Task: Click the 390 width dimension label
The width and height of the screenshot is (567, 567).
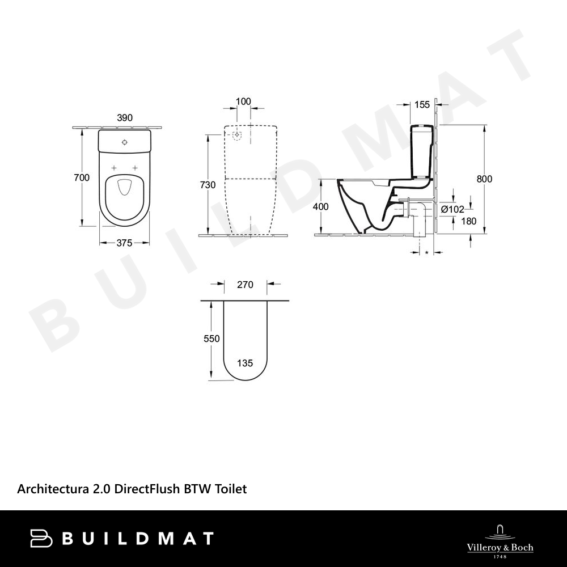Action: tap(125, 117)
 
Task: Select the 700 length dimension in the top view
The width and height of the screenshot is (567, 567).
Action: tap(81, 177)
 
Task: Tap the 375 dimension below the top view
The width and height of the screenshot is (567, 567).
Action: tap(124, 243)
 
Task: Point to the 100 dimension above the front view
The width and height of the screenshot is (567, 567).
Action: tap(243, 101)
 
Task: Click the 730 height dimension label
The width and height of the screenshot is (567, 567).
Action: tap(208, 185)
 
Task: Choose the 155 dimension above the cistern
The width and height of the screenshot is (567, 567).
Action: tap(422, 105)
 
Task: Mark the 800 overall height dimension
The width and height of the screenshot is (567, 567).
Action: tap(484, 179)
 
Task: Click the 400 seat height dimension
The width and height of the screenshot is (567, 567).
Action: tap(321, 206)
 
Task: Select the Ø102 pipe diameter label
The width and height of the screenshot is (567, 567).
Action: tap(452, 209)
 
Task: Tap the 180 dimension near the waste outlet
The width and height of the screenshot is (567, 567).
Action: tap(469, 221)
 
